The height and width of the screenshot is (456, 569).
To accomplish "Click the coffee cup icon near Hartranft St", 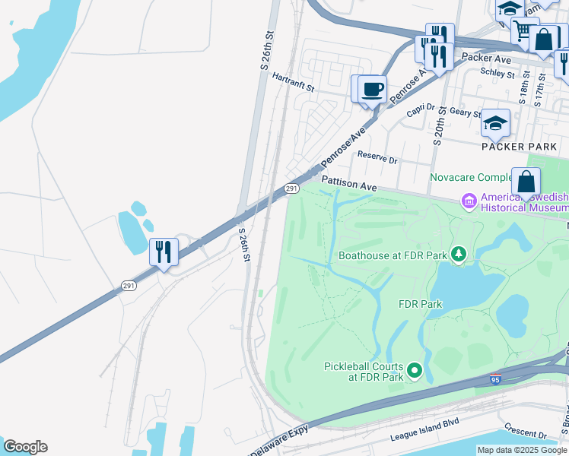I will pyautogui.click(x=372, y=89).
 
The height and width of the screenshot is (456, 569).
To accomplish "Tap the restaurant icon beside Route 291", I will pyautogui.click(x=164, y=252).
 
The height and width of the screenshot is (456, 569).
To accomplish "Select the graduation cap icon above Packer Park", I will pyautogui.click(x=496, y=123).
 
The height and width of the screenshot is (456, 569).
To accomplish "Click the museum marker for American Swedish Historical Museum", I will pyautogui.click(x=469, y=201).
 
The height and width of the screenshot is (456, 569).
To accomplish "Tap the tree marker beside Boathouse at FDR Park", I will pyautogui.click(x=459, y=253).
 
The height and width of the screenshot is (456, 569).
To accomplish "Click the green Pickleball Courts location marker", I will pyautogui.click(x=415, y=371).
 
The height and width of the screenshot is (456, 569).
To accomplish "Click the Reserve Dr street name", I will pyautogui.click(x=377, y=160).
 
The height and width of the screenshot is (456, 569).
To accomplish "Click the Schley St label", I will pyautogui.click(x=498, y=73).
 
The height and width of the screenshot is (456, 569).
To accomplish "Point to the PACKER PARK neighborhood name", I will pyautogui.click(x=520, y=145).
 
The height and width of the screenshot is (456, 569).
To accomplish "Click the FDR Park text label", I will pyautogui.click(x=421, y=304).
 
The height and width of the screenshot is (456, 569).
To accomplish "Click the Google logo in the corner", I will pyautogui.click(x=25, y=447).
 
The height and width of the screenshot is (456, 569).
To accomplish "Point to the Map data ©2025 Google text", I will pyautogui.click(x=521, y=450).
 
